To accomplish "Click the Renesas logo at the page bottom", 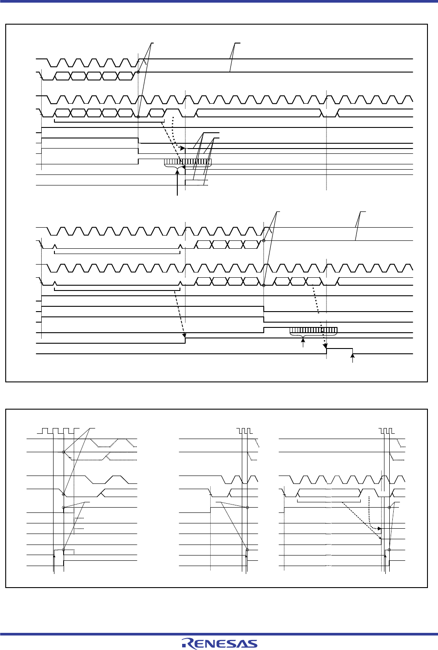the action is tap(220, 643).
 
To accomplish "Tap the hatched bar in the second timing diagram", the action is tap(313, 330).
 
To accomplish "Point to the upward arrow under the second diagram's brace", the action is tap(302, 344).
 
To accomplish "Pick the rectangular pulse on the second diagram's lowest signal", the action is tap(340, 351).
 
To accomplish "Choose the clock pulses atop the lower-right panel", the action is tap(387, 430).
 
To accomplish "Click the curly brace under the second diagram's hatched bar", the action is tap(302, 337).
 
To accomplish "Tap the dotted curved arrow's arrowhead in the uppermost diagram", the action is tap(182, 147).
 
